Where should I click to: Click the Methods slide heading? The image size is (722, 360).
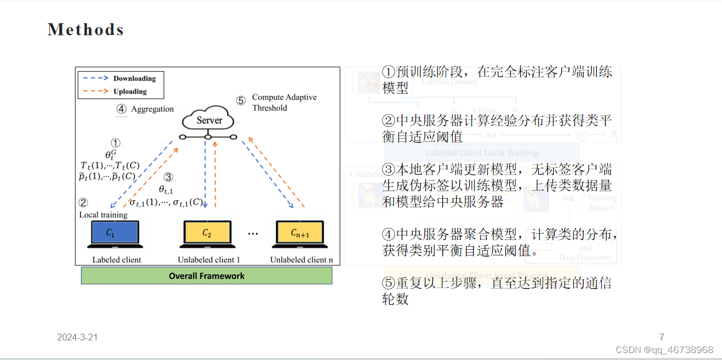(x=86, y=30)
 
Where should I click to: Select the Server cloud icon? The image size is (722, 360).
(x=209, y=120)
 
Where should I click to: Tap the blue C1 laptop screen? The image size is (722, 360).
(x=113, y=233)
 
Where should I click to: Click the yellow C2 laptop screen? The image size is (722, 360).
(x=207, y=233)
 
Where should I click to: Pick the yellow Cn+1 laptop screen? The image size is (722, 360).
(x=300, y=233)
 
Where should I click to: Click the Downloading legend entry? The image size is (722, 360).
(x=134, y=79)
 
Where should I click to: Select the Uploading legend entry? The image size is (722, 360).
(x=130, y=91)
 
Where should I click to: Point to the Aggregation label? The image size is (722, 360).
(x=152, y=109)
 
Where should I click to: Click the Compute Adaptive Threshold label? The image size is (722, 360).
(x=284, y=102)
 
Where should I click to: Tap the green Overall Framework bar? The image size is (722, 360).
(x=206, y=276)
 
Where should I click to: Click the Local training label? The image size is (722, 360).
(x=103, y=215)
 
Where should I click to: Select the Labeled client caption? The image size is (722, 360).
(x=117, y=260)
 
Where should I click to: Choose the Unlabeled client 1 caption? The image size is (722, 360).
(x=209, y=260)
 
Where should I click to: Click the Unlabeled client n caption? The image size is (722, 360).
(x=301, y=260)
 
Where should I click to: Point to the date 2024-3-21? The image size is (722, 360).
(x=77, y=338)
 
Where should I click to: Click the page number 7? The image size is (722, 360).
(x=662, y=338)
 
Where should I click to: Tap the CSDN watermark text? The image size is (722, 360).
(x=664, y=350)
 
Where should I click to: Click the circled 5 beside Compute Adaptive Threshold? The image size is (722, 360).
(x=241, y=101)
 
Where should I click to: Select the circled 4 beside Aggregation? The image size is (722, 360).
(x=121, y=109)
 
